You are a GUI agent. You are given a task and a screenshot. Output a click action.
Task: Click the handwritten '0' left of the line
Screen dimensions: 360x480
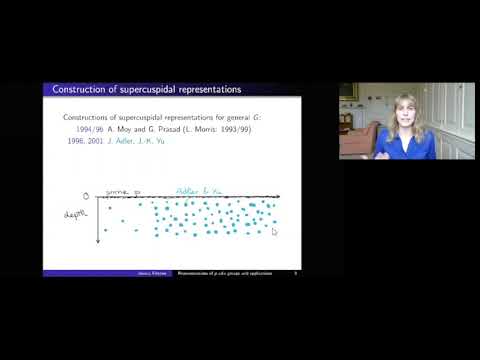(87, 196)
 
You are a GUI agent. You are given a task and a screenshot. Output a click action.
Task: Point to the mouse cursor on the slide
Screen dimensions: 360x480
(274, 231)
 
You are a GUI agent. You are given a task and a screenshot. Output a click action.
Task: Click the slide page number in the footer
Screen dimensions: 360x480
(295, 271)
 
